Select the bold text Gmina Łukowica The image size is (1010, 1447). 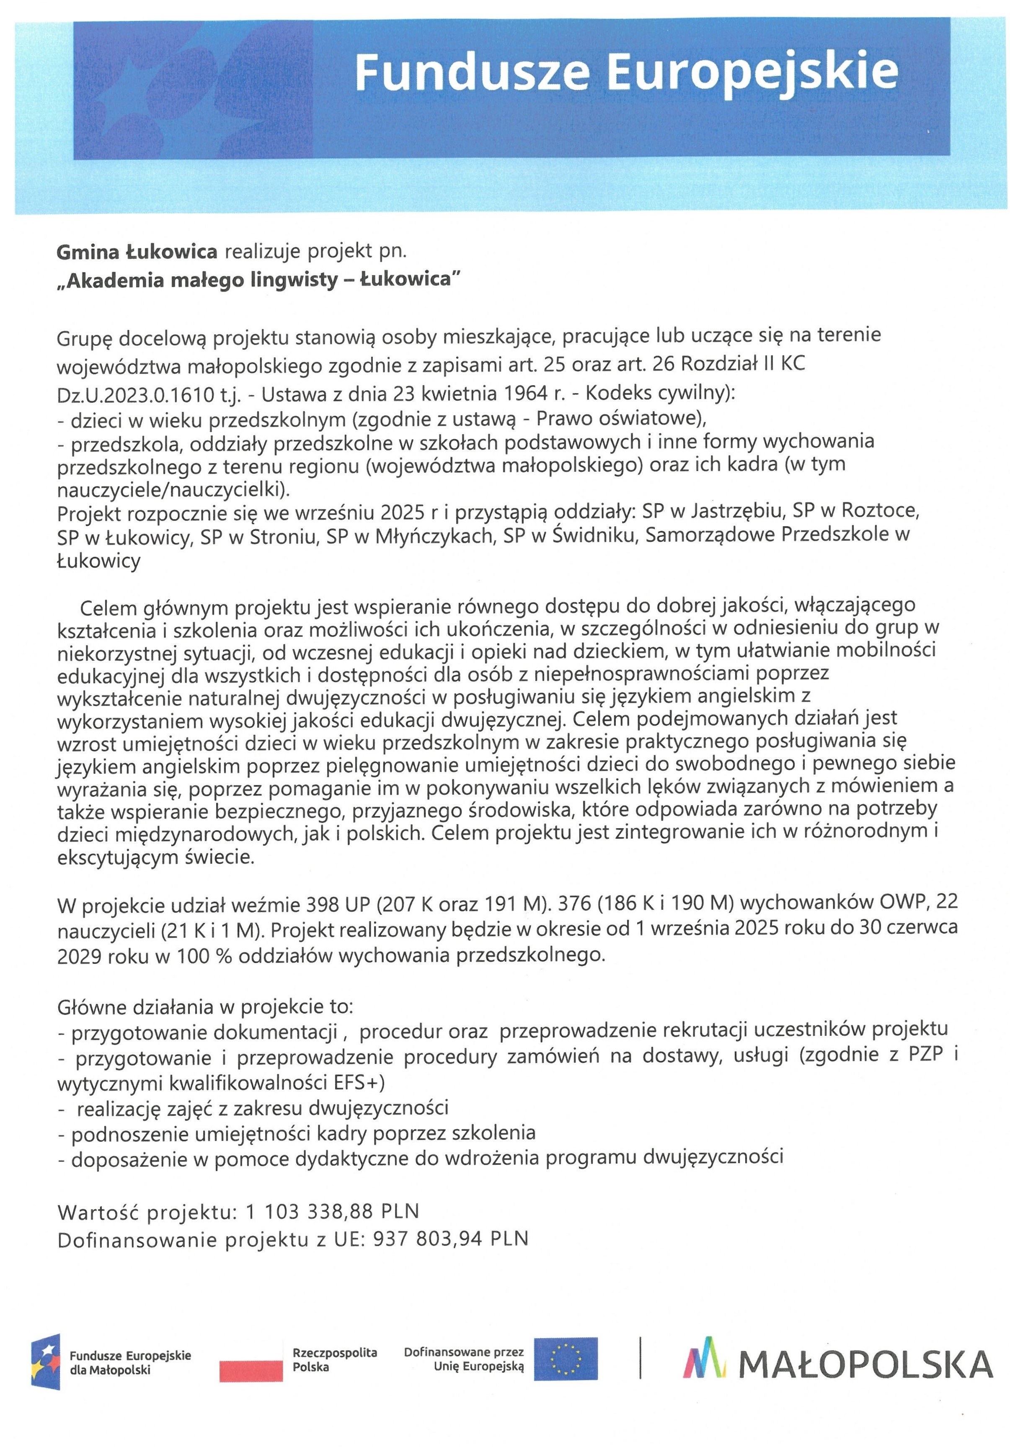136,252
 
